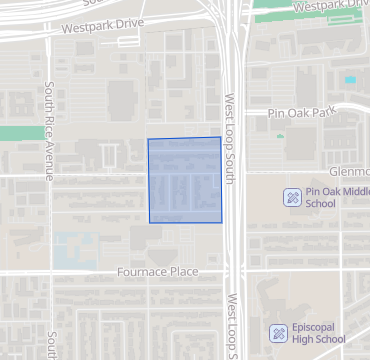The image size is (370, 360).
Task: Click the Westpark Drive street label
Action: click(102, 27)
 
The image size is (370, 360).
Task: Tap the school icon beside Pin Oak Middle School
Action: click(291, 196)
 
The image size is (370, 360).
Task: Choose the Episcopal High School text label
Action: click(320, 333)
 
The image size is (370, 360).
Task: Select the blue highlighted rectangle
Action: click(185, 180)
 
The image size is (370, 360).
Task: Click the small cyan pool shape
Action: click(350, 79)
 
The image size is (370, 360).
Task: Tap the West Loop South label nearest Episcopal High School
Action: click(232, 325)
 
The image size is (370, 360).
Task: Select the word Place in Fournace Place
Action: click(181, 271)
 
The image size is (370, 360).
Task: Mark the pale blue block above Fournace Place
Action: click(70, 247)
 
